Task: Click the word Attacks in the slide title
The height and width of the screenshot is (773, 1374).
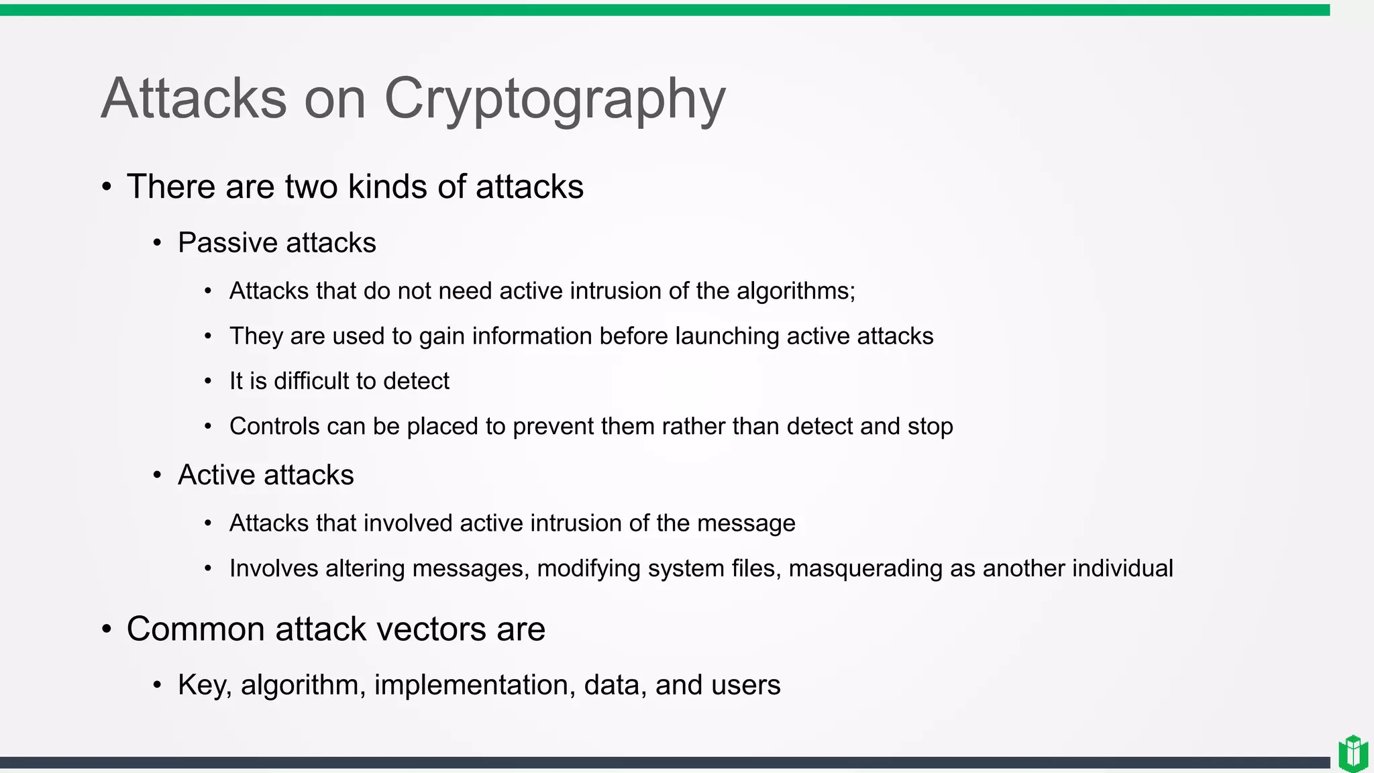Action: pyautogui.click(x=194, y=99)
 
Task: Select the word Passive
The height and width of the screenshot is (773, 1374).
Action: pyautogui.click(x=227, y=243)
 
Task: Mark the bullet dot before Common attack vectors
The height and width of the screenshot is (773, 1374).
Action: pyautogui.click(x=107, y=629)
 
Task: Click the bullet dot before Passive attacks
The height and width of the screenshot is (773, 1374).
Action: pyautogui.click(x=157, y=243)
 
